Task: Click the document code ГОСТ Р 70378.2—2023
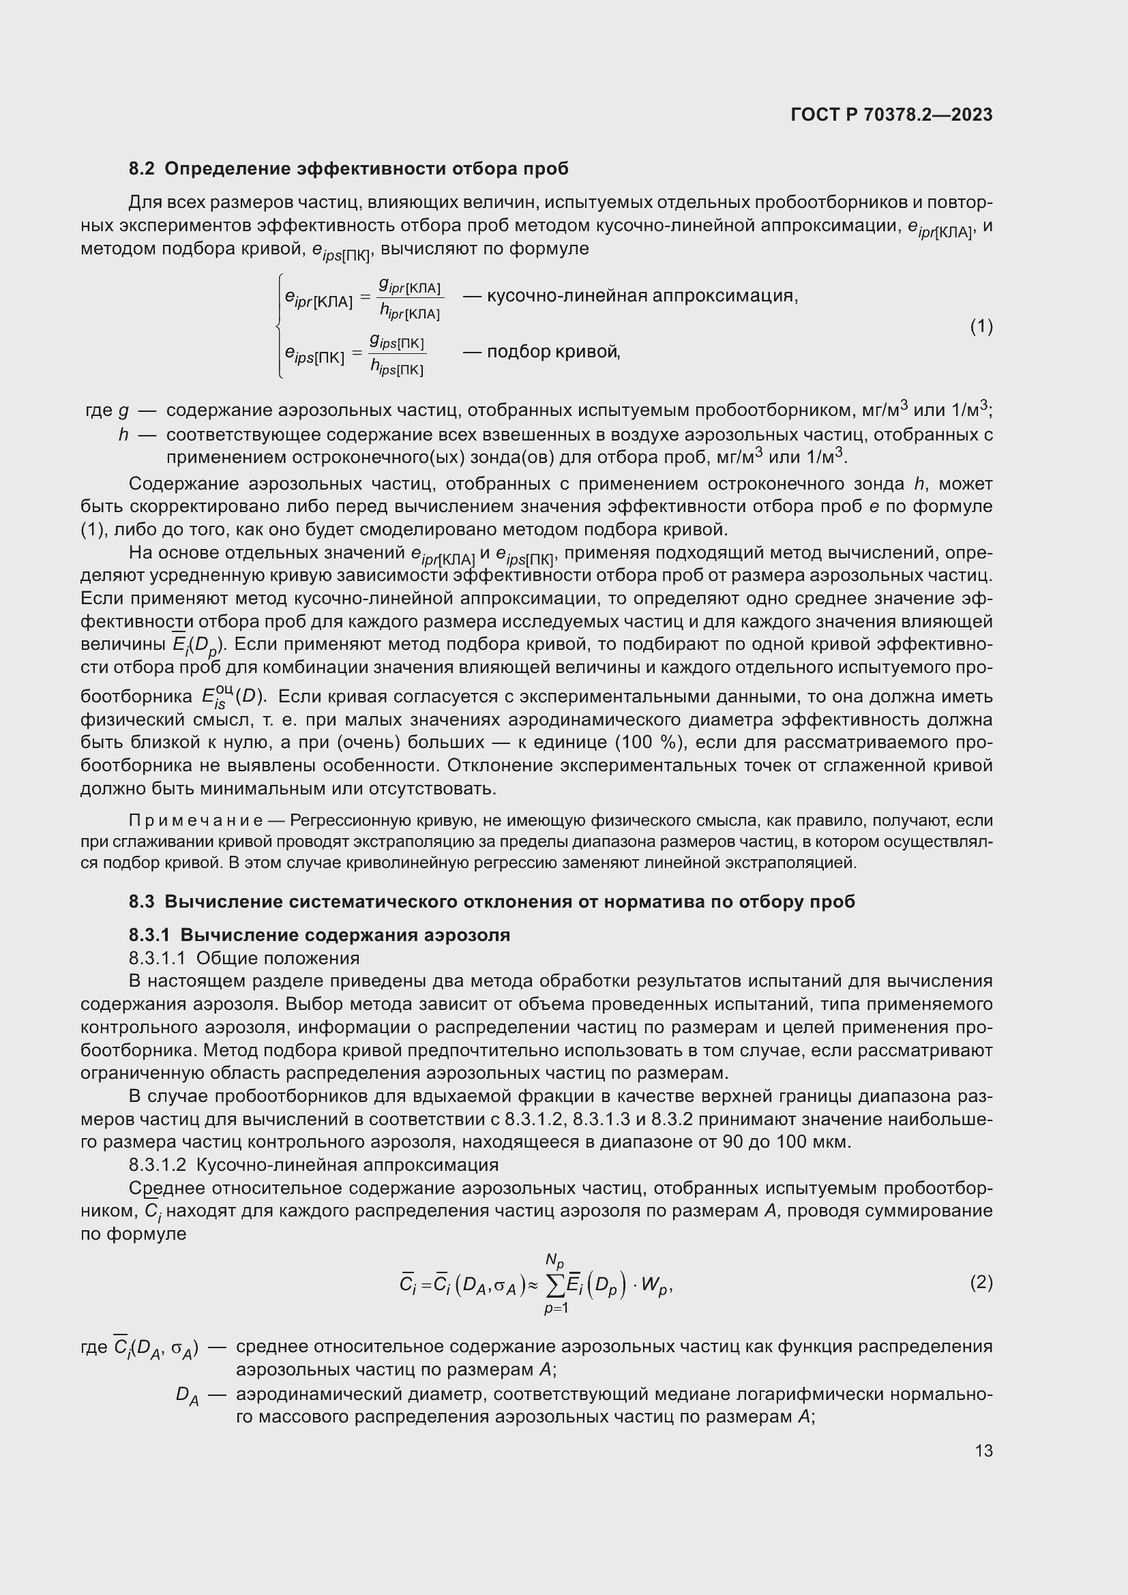891,115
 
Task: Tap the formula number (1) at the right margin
981,326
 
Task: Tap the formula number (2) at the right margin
981,1283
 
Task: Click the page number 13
983,1450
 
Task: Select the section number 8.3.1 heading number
150,935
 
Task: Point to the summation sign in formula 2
556,1287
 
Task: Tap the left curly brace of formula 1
278,326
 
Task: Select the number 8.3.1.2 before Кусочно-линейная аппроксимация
157,1165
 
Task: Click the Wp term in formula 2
655,1286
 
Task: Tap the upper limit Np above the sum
554,1260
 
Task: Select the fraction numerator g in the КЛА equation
384,284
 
